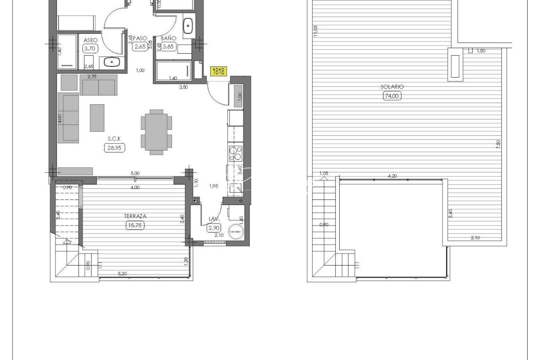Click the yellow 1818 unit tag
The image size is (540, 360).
pos(218,71)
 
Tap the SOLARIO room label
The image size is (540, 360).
pos(392,87)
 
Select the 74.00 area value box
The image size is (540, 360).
pos(392,96)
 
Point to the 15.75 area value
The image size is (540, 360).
pos(135,225)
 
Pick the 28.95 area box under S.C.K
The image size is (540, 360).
pos(114,148)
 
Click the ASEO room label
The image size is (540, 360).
pos(90,40)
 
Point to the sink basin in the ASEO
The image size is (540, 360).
pos(111,62)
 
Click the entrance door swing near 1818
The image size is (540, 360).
pos(216,90)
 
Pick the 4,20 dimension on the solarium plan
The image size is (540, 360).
pos(393,176)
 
